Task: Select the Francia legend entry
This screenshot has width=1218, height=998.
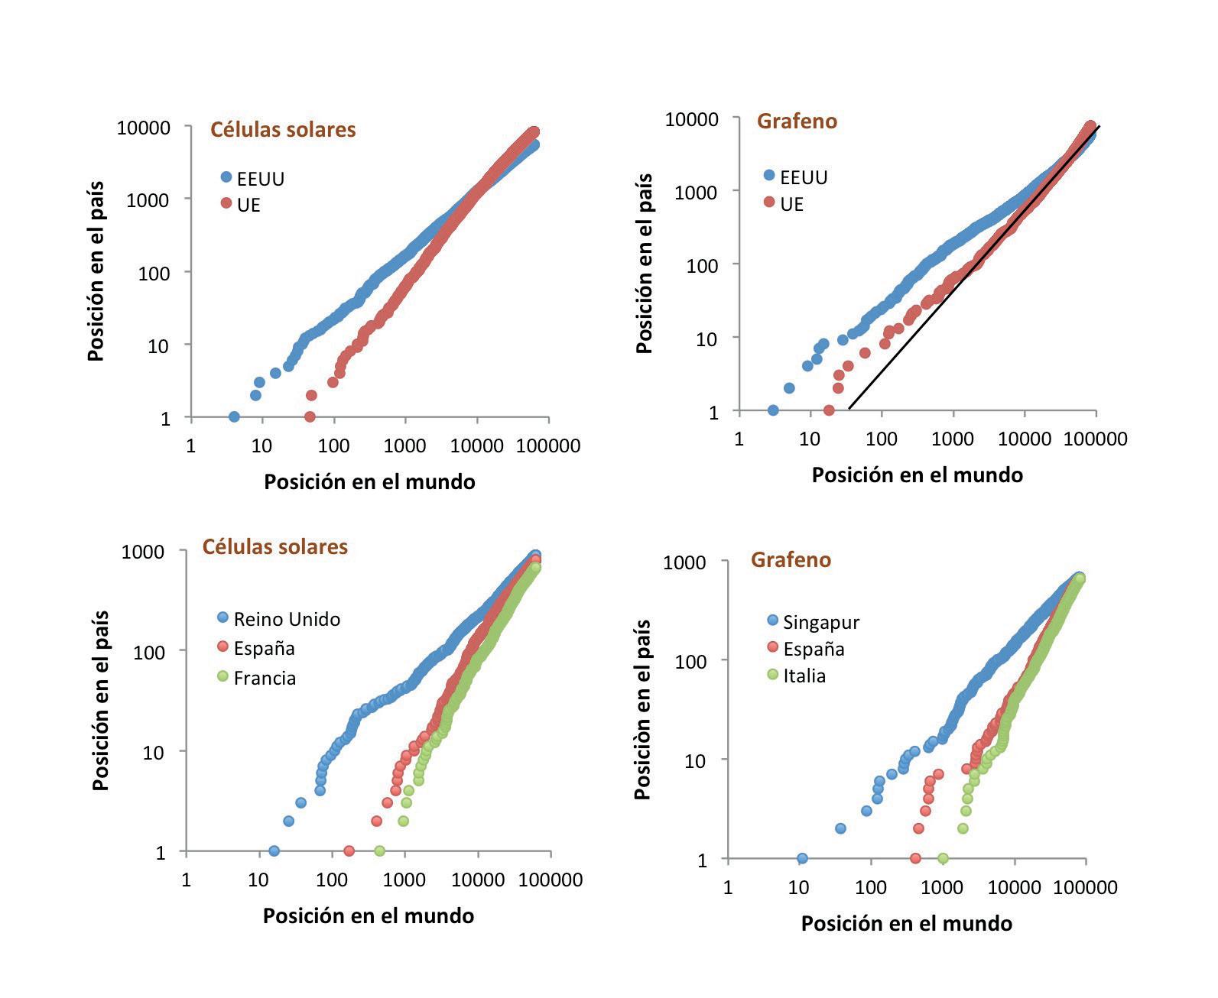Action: tap(265, 678)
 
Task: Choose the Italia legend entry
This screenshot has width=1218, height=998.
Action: tap(804, 676)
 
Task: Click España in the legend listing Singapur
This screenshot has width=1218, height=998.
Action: tap(814, 650)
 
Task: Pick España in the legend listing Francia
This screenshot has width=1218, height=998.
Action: tap(264, 649)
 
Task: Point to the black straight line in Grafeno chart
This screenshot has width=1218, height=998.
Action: tap(971, 267)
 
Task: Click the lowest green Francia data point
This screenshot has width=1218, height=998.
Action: tap(379, 851)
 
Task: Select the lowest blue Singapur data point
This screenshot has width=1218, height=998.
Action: tap(802, 858)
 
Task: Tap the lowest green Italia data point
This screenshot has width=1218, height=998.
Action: tap(943, 858)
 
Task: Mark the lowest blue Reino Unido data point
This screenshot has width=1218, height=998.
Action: tap(274, 851)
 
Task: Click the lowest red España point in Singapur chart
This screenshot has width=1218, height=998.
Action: tap(915, 858)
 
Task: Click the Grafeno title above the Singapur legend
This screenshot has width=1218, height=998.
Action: tap(791, 560)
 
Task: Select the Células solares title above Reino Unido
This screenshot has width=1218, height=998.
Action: tap(274, 547)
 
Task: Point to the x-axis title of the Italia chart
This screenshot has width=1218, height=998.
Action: tap(906, 923)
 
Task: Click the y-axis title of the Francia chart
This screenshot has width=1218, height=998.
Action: tap(100, 700)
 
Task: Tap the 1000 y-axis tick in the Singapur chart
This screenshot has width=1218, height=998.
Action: tap(684, 562)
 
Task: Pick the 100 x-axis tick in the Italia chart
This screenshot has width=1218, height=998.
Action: tap(871, 887)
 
